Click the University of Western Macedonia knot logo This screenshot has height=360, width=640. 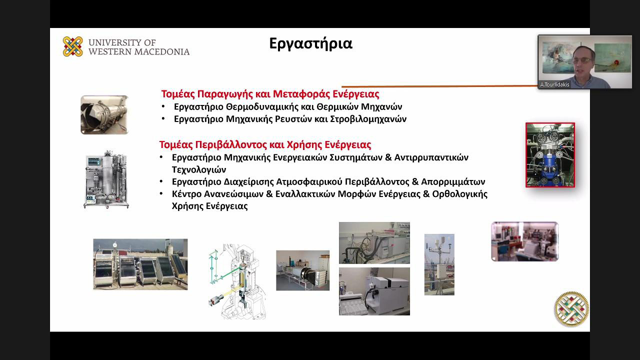coord(73,46)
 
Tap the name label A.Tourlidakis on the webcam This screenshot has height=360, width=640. coord(554,84)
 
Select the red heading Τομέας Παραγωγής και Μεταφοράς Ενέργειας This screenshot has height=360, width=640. coord(270,94)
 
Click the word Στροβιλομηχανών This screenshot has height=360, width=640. coord(368,119)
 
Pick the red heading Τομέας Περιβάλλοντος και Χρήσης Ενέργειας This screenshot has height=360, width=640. coord(265,145)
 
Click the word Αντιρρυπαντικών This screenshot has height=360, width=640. coord(431,157)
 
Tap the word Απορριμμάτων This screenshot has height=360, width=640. coord(453,182)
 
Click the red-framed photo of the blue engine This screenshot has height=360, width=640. coord(550,155)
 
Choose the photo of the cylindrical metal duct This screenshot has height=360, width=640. coord(104,115)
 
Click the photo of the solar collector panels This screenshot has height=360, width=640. coord(140,264)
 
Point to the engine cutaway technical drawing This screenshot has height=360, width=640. coord(237,281)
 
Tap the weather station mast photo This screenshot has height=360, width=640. coord(439,264)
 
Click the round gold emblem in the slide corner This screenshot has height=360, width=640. coord(571,309)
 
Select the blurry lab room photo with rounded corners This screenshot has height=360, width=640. coord(524,241)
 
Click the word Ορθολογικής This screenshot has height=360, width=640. coord(459,194)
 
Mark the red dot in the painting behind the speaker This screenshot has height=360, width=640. coord(616,62)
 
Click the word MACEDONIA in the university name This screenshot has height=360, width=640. coord(162,51)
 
